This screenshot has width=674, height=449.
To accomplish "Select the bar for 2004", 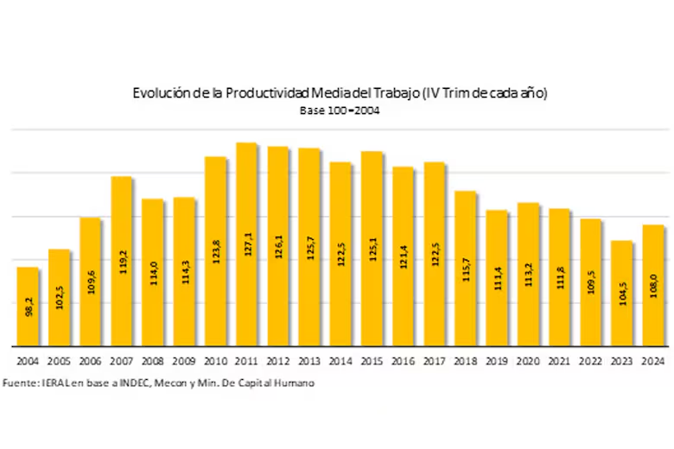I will coord(28,306).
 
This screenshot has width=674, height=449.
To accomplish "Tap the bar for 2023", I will coord(622,293).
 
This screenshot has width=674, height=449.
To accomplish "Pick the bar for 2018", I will coord(466,268).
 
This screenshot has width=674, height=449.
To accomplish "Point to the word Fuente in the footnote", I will coord(18,383).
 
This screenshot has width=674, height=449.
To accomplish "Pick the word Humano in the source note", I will coord(293,383).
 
